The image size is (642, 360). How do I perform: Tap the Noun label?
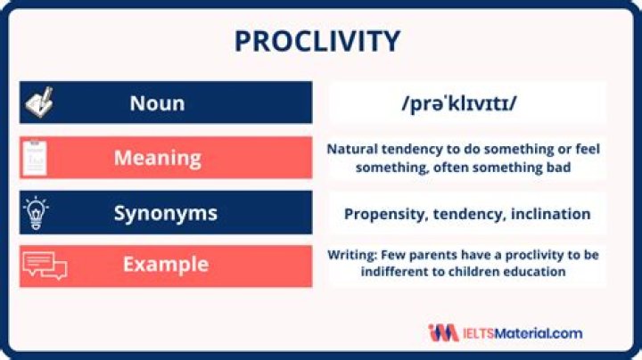[157, 102]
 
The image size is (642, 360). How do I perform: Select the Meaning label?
[157, 158]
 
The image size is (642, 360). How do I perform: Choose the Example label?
[165, 265]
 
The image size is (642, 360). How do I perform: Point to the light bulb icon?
[35, 213]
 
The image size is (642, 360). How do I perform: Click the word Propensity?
[383, 214]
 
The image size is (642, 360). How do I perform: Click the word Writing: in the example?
[355, 255]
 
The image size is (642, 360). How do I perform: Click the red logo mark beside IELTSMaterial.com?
[443, 333]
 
